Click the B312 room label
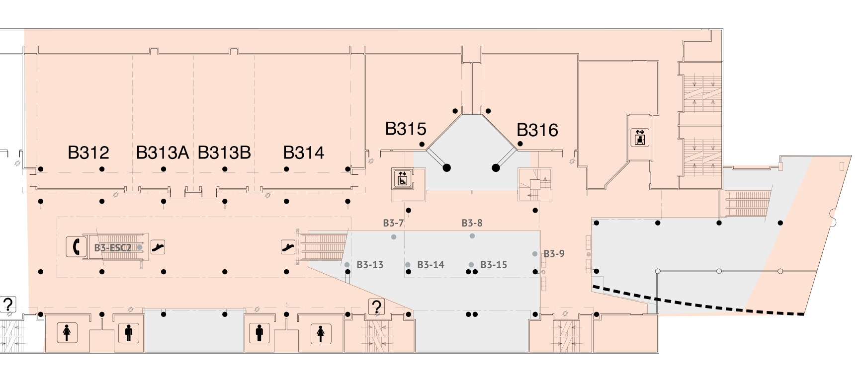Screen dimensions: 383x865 click(88, 153)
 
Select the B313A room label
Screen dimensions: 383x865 click(162, 153)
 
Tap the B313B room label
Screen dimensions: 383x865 click(224, 153)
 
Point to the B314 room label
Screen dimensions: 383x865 click(303, 153)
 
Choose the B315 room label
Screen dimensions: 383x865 click(406, 129)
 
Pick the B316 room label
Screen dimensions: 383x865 click(537, 130)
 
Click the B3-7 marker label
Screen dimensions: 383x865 click(393, 223)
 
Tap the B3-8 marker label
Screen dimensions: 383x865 click(472, 223)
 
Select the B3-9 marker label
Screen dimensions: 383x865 click(554, 254)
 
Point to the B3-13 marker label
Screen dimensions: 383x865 click(370, 265)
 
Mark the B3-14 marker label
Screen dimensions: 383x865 click(431, 265)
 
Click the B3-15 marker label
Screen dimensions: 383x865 click(494, 265)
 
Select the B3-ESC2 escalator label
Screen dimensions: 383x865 click(113, 247)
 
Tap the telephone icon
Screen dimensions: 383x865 click(75, 246)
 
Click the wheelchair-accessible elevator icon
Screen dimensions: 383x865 click(402, 178)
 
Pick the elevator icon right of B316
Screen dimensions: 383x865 click(639, 137)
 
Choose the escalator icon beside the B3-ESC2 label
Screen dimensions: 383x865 click(158, 246)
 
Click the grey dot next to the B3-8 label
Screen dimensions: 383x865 click(472, 236)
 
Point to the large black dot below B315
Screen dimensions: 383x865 click(446, 168)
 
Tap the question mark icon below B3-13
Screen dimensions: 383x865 click(376, 307)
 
